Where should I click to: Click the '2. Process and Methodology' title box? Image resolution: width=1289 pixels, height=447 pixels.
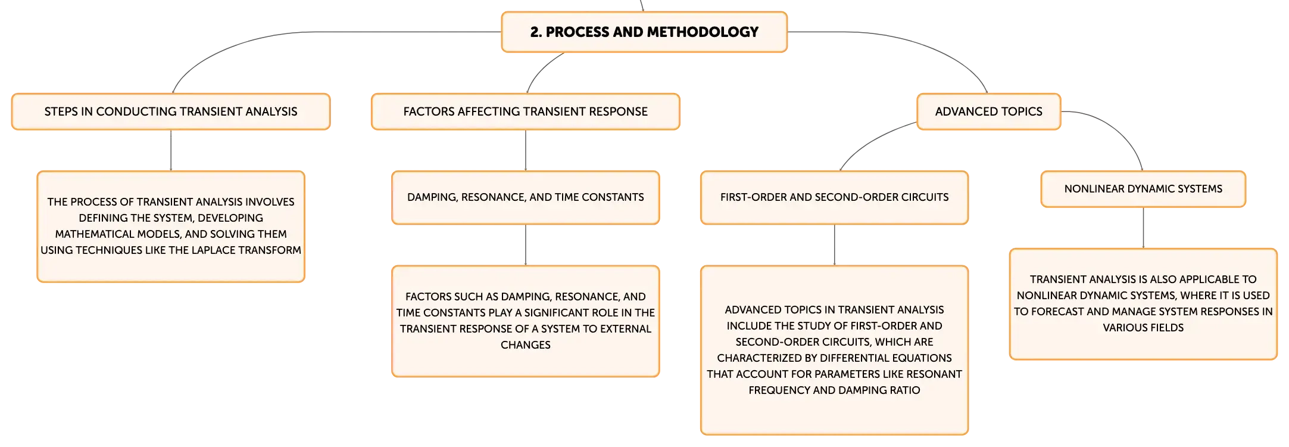point(644,32)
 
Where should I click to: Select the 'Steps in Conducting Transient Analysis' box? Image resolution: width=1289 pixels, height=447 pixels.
point(171,111)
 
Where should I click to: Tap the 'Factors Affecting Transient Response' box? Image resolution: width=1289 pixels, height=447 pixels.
point(526,111)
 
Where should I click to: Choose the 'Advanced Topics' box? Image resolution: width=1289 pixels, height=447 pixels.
point(989,111)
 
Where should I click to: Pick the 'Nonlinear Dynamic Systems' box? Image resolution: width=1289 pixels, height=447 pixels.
point(1143,189)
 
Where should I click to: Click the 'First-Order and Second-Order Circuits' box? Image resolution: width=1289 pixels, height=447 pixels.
point(835,197)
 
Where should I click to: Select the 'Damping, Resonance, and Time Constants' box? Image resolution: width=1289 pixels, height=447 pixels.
point(526,197)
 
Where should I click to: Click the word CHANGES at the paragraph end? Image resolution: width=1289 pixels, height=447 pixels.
point(526,345)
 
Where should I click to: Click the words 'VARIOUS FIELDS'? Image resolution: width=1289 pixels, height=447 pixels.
point(1143,328)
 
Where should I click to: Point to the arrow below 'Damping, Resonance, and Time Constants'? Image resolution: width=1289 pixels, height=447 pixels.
point(526,245)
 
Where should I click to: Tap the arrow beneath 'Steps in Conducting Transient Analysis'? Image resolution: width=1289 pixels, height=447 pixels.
point(171,150)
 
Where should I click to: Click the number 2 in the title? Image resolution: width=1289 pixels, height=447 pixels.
point(534,32)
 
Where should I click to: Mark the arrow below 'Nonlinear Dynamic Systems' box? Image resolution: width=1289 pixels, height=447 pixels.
point(1143,228)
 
